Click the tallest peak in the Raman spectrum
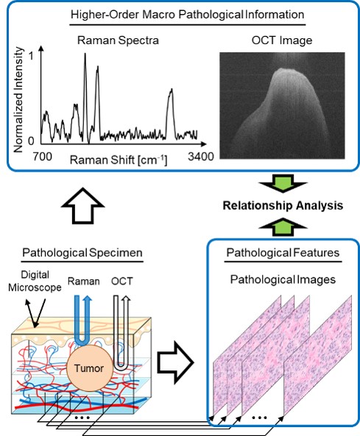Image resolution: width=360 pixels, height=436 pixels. [85, 54]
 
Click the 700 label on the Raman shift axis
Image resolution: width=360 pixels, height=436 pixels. [42, 157]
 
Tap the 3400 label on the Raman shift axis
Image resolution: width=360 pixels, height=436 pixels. [201, 157]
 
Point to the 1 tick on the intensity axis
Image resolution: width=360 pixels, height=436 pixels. [31, 56]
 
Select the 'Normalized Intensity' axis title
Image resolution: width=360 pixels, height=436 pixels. [18, 99]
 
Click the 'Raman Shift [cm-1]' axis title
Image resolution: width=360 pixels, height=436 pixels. [119, 161]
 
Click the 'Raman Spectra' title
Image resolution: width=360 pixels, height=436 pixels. [118, 41]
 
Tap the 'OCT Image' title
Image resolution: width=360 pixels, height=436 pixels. [282, 41]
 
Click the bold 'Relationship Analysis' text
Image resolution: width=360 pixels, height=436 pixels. [283, 205]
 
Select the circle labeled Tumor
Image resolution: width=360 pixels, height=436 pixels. [89, 368]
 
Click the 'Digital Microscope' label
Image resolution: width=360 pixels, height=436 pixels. [35, 281]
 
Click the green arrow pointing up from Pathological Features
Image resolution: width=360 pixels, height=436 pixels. [283, 227]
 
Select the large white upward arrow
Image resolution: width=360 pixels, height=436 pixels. [82, 206]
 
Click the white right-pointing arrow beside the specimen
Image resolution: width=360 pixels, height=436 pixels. [175, 362]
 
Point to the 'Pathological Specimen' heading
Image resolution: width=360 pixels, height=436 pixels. [82, 253]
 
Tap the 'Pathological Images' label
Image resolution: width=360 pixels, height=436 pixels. [283, 279]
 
